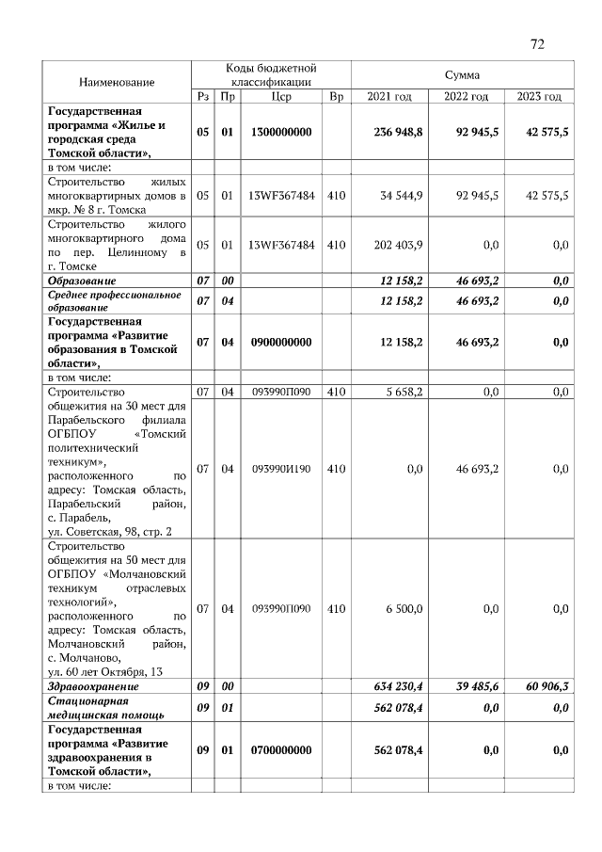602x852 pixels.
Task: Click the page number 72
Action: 537,43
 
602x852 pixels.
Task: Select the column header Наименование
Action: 117,83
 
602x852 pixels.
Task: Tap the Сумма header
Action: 462,74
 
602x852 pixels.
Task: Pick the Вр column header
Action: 337,97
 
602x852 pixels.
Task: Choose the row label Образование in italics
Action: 83,281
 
